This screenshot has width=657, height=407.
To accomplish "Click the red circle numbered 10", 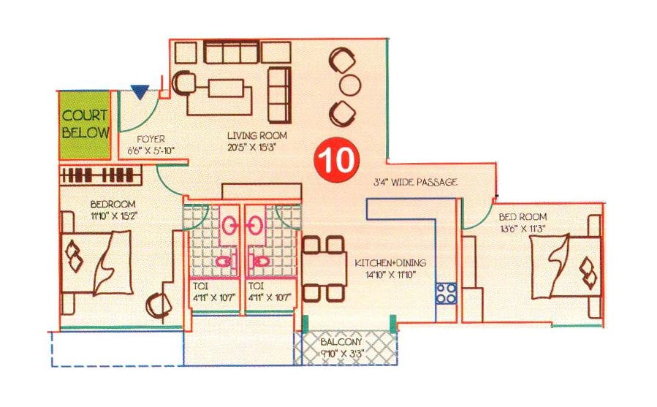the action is (x=338, y=161).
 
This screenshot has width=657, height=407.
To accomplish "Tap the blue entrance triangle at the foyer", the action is (x=140, y=91).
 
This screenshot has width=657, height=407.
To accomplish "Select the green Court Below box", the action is (x=84, y=125).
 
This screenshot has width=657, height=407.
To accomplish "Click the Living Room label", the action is (x=257, y=135).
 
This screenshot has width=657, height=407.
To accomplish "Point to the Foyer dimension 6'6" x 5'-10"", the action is (x=151, y=150).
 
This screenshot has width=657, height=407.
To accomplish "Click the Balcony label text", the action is (x=341, y=343).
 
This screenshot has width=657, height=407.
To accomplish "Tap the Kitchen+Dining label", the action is (x=390, y=263).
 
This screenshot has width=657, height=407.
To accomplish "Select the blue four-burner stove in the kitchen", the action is (x=446, y=293).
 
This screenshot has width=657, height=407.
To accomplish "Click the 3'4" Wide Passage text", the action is (x=415, y=183).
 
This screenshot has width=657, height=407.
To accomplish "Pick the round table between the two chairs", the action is (x=350, y=85).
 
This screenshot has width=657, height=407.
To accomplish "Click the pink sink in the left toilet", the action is (x=229, y=226).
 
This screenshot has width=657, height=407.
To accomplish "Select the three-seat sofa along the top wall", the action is (x=231, y=52).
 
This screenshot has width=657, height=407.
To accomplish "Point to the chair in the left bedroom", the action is (x=159, y=305).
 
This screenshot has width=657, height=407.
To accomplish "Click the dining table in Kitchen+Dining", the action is (x=324, y=269).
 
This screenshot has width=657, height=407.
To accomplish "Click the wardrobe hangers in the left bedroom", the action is (x=101, y=175).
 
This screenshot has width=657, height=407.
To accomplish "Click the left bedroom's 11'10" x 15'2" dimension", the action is (x=114, y=216).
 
